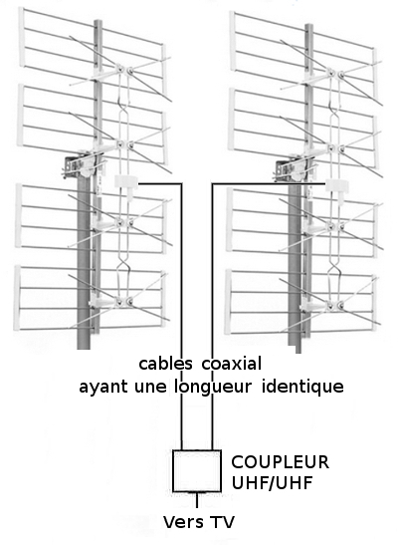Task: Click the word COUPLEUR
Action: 280,462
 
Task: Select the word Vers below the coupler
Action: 181,522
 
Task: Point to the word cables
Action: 165,364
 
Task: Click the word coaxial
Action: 232,364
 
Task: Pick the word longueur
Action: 212,387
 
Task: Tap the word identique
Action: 302,387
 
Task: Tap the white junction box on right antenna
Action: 337,186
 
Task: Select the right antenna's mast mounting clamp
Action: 294,169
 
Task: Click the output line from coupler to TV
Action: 197,500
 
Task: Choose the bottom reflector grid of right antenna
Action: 301,302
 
